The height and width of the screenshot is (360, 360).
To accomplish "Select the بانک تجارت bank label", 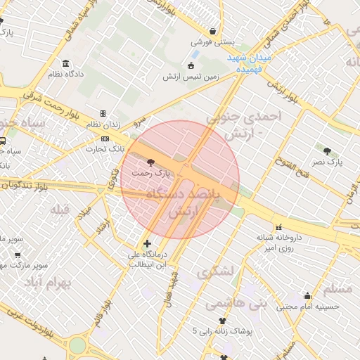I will [105, 148].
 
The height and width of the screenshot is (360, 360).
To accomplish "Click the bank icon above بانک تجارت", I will [105, 139].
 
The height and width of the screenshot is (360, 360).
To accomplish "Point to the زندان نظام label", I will [103, 124].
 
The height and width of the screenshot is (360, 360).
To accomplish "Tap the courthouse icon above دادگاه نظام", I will [65, 63].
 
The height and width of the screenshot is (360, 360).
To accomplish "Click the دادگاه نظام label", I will [66, 73].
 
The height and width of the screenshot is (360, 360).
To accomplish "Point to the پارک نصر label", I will [328, 161].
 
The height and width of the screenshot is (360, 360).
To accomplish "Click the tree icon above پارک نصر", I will [328, 150].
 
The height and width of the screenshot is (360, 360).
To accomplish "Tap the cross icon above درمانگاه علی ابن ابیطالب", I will [147, 244].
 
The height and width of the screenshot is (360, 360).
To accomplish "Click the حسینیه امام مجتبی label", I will [308, 307].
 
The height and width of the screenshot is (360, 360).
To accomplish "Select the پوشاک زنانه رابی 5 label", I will [223, 330].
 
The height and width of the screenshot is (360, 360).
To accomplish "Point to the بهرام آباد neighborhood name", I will [53, 282].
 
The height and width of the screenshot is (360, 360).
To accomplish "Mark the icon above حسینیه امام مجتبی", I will [307, 295].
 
